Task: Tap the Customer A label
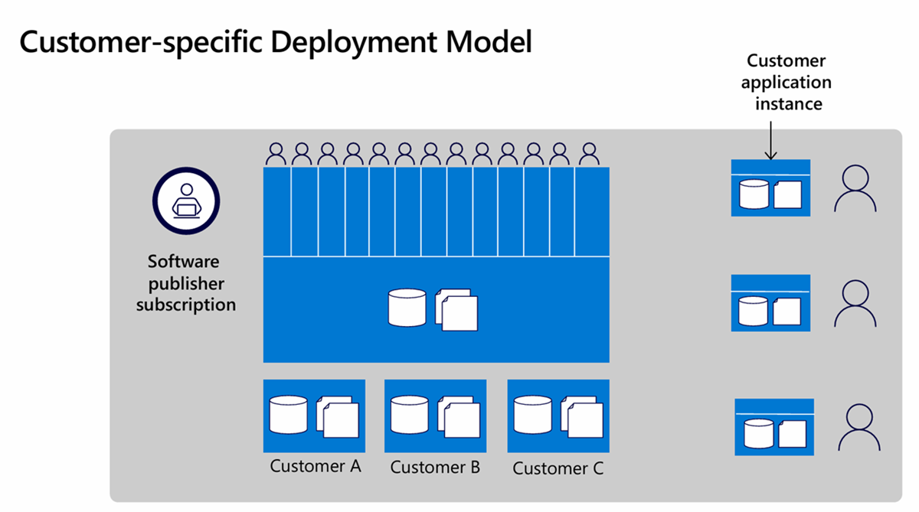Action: click(316, 465)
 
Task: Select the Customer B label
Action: click(435, 467)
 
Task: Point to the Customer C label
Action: click(558, 468)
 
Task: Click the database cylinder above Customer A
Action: click(288, 414)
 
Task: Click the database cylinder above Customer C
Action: click(532, 414)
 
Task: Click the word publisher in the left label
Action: click(186, 283)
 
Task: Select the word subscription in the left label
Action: click(186, 305)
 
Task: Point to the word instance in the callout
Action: click(789, 103)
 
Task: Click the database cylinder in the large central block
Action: click(407, 308)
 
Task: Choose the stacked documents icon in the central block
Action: click(456, 309)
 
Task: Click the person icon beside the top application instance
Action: click(855, 190)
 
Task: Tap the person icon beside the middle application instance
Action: click(855, 304)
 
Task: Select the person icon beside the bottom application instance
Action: click(858, 428)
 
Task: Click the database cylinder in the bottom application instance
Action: click(758, 434)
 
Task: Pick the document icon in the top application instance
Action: click(787, 194)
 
